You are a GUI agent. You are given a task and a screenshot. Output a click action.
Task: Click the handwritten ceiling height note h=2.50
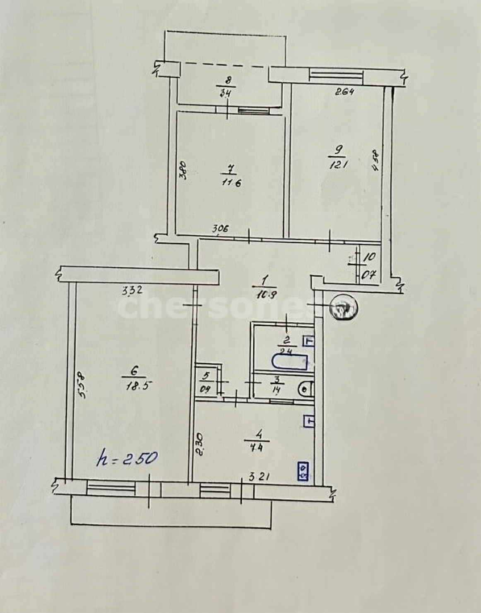[127, 458]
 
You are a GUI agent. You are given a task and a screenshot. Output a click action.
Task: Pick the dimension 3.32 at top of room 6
[132, 291]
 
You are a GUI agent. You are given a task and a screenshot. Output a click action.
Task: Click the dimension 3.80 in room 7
[183, 170]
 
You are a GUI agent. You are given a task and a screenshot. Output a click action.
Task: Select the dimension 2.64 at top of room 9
[344, 92]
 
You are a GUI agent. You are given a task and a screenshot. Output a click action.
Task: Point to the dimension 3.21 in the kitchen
[260, 477]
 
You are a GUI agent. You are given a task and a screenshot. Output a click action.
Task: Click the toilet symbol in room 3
[305, 389]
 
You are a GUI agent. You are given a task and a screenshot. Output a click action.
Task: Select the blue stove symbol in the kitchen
[303, 472]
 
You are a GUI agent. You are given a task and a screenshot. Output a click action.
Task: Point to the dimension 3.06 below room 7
[220, 228]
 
